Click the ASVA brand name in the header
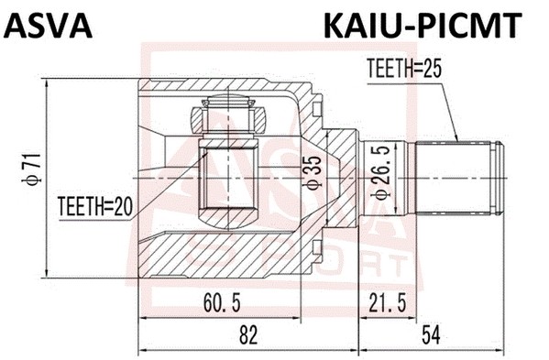tap(49, 25)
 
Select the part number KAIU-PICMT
tap(422, 25)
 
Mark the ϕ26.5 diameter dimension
tap(376, 171)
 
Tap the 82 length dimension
tap(247, 336)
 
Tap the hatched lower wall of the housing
tap(220, 247)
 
